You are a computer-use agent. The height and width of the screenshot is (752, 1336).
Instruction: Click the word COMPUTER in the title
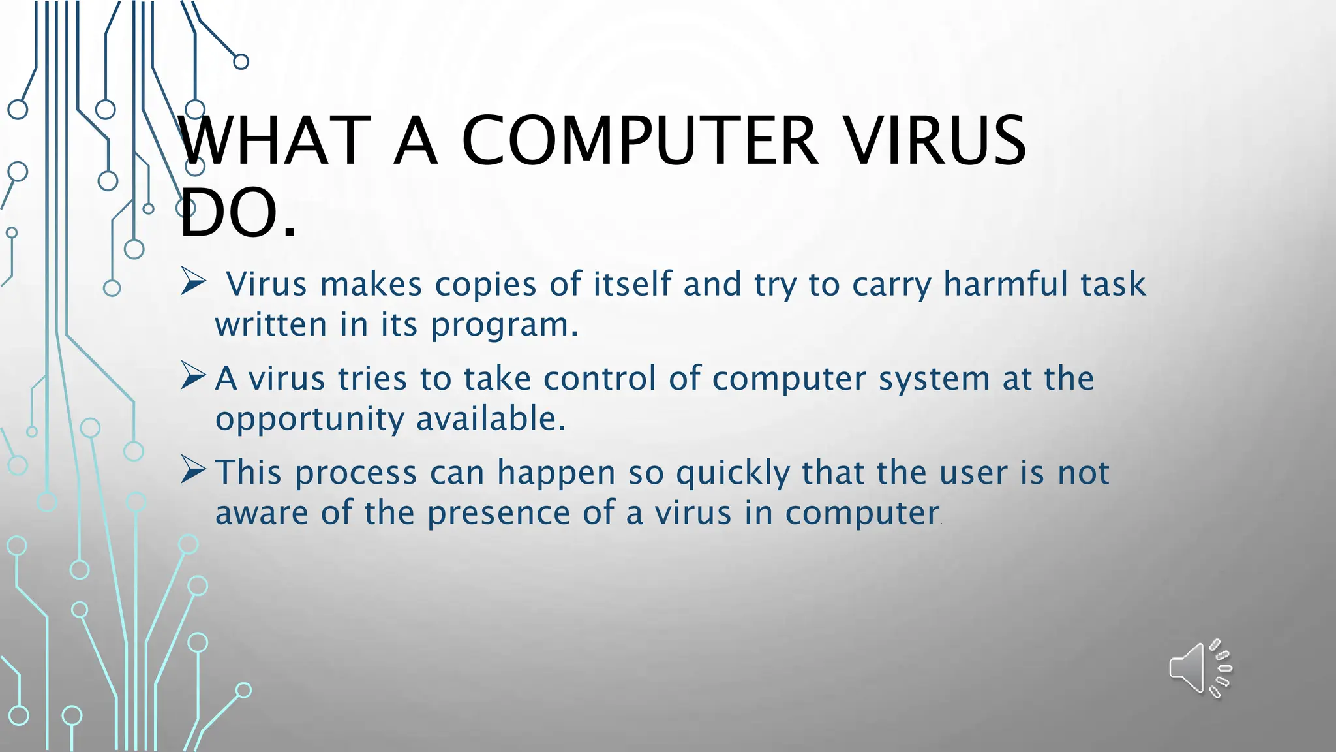[x=639, y=141]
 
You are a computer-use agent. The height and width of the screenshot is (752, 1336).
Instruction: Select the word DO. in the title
[x=237, y=213]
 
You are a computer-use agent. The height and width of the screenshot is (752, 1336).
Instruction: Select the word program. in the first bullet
[x=504, y=325]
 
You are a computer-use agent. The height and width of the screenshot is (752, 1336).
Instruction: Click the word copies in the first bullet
[x=485, y=285]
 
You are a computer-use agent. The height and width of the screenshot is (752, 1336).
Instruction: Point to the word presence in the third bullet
[x=498, y=513]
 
